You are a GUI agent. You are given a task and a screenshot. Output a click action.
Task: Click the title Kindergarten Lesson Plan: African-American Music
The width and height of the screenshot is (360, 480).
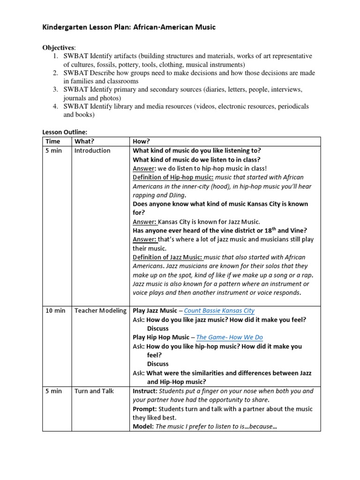tap(129, 27)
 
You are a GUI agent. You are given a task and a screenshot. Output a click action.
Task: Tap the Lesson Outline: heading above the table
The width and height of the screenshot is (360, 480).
tap(65, 132)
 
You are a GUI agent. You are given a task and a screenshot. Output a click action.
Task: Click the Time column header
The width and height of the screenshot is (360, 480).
tap(53, 142)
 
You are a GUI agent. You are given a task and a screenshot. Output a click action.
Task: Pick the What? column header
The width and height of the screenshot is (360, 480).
tap(84, 142)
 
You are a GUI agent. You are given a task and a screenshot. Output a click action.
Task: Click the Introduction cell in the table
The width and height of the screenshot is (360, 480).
tap(92, 150)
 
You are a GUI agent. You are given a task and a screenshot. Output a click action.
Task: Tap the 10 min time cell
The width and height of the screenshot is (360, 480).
tap(55, 311)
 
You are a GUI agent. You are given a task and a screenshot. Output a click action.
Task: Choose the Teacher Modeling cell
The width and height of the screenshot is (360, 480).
tap(100, 311)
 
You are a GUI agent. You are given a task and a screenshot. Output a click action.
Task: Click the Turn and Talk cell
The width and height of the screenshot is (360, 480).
tap(94, 391)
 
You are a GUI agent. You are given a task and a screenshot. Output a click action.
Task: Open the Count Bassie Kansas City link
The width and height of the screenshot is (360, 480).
tap(219, 311)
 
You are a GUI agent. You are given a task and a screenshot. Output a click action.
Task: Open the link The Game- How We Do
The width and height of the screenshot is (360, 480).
tap(229, 337)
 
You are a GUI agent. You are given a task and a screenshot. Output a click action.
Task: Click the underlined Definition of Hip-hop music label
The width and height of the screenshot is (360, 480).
tap(173, 177)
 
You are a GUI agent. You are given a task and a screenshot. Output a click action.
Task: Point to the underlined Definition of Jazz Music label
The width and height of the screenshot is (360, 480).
tap(172, 257)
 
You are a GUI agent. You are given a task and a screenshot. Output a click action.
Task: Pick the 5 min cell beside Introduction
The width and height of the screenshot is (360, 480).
tap(53, 150)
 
